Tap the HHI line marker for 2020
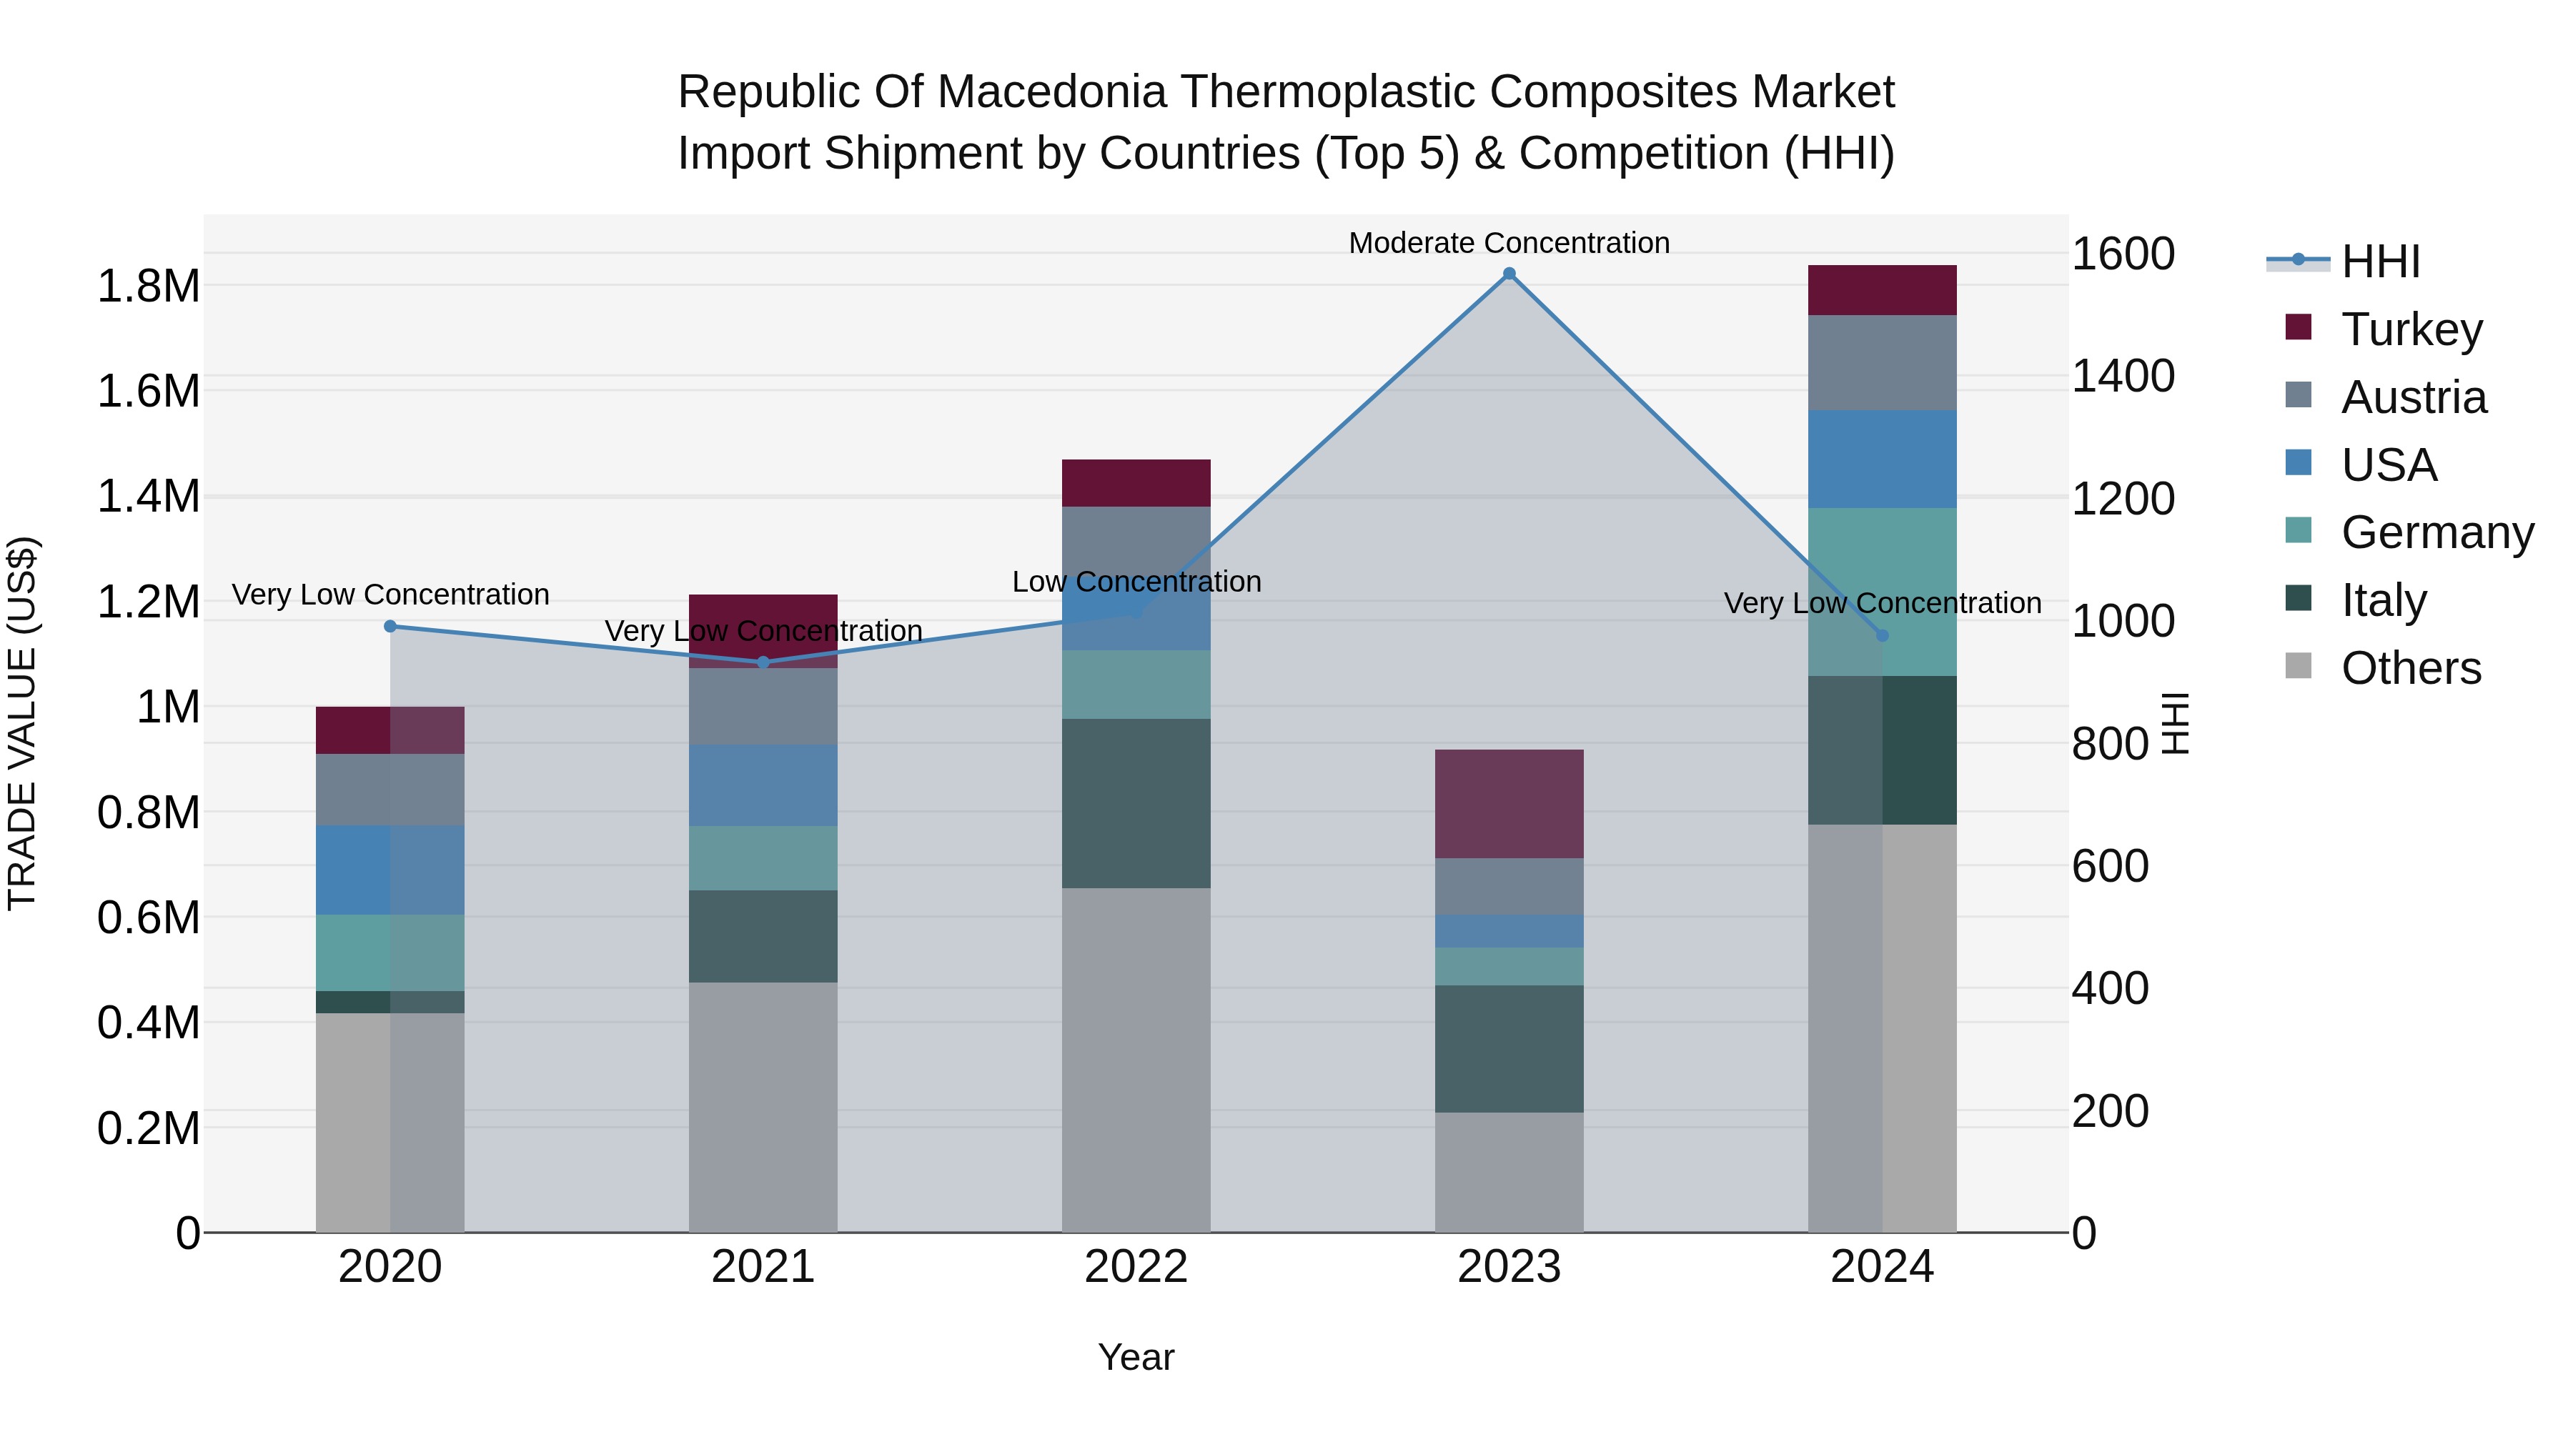coord(390,626)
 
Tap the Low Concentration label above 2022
coord(1136,581)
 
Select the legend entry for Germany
coord(2436,532)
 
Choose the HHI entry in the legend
coord(2379,262)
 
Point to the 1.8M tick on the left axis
coord(148,287)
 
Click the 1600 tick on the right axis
coord(2123,254)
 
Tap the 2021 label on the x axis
coord(763,1266)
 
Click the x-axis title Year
coord(1136,1357)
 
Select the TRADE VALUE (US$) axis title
coord(22,723)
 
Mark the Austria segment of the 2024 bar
coord(1882,362)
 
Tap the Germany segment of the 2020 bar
coord(390,953)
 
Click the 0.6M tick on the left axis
coord(148,918)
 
